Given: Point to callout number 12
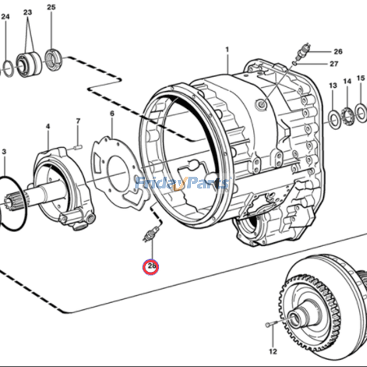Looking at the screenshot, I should tap(273, 352).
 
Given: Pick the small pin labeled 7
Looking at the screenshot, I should tap(78, 147).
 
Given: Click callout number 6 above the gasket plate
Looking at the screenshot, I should tap(111, 113).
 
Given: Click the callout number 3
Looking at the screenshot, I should tap(4, 151).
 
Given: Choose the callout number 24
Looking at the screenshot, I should tap(5, 17).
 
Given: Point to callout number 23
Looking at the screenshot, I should tap(28, 12).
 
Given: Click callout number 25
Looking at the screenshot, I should tap(51, 7).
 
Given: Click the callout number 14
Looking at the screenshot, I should tap(347, 81).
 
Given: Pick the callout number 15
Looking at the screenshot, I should tap(361, 78).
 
